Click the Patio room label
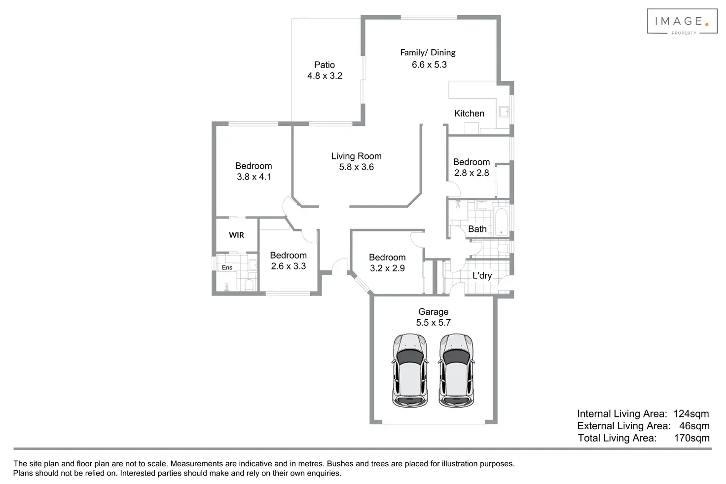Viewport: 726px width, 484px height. [x=325, y=65]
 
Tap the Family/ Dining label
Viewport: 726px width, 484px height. [x=428, y=52]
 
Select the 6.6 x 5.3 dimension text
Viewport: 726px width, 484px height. [x=429, y=65]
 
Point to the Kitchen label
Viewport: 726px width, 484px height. [x=469, y=113]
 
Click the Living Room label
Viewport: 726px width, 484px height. [x=356, y=156]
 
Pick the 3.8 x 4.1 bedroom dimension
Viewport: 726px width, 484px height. [x=254, y=177]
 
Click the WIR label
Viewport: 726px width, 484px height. [x=236, y=235]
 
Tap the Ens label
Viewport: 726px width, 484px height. [x=227, y=267]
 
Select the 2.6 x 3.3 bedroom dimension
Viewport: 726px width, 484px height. [x=289, y=266]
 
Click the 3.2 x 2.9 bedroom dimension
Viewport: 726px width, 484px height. [x=387, y=268]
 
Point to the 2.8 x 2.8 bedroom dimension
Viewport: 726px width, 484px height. [x=472, y=173]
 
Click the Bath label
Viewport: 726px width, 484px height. [x=477, y=229]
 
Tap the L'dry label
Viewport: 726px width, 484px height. [x=482, y=275]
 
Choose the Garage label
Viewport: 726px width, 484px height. [x=433, y=312]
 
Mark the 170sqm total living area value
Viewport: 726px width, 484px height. [x=691, y=438]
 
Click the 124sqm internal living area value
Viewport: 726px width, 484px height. [x=691, y=414]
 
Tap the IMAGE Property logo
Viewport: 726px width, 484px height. [x=682, y=22]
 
